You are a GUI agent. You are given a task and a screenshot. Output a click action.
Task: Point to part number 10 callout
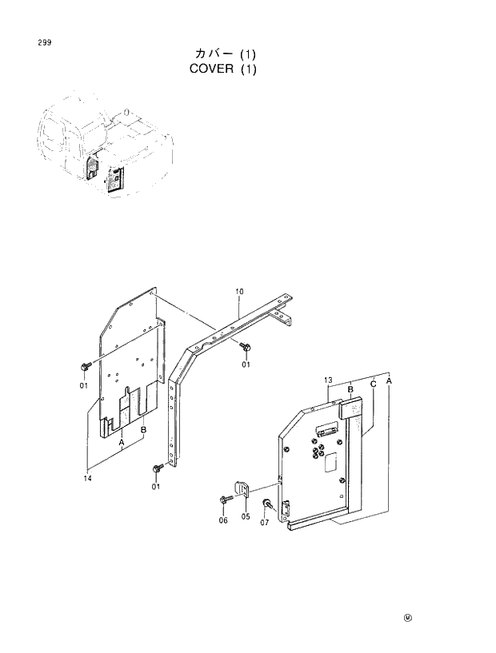239,292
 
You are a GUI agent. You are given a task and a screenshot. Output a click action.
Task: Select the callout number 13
328,380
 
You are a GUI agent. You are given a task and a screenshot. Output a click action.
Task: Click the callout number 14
86,478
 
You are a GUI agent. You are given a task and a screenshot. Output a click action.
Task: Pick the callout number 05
246,517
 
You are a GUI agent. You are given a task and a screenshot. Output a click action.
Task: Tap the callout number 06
223,520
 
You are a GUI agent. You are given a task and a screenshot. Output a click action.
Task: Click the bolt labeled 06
223,500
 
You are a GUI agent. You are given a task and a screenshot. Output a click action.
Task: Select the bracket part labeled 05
242,488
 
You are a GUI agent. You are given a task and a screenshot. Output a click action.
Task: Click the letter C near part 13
373,384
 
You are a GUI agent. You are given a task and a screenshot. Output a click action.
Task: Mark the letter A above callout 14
121,441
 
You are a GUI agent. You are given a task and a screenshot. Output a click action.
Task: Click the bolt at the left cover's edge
84,366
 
